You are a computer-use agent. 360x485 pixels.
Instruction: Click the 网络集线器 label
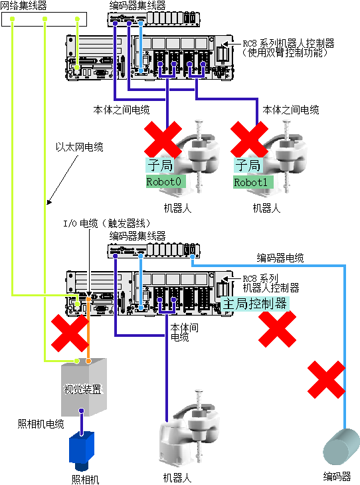(23, 5)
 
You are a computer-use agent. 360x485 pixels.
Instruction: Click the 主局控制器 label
(255, 304)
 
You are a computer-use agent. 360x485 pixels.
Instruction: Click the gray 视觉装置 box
(84, 387)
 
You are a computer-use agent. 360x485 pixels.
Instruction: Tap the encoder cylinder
(341, 446)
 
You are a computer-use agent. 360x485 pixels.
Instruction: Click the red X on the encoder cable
(326, 379)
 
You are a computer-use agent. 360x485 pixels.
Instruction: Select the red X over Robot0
(163, 140)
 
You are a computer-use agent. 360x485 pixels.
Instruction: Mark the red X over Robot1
(249, 140)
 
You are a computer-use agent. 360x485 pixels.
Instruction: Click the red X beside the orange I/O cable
(70, 333)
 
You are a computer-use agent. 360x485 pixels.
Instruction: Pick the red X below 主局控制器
(277, 329)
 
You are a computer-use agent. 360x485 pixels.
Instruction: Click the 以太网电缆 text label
(80, 147)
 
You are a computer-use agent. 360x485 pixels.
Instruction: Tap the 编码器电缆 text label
(280, 258)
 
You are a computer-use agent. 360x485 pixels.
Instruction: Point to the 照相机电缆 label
(41, 424)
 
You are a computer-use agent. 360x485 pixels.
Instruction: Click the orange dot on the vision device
(88, 361)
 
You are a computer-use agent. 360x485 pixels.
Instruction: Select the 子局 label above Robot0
(160, 165)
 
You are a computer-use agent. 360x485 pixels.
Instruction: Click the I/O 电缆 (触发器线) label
(107, 223)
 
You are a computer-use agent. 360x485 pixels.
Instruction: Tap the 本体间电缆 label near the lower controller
(185, 332)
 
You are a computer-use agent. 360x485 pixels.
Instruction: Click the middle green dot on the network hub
(45, 19)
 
